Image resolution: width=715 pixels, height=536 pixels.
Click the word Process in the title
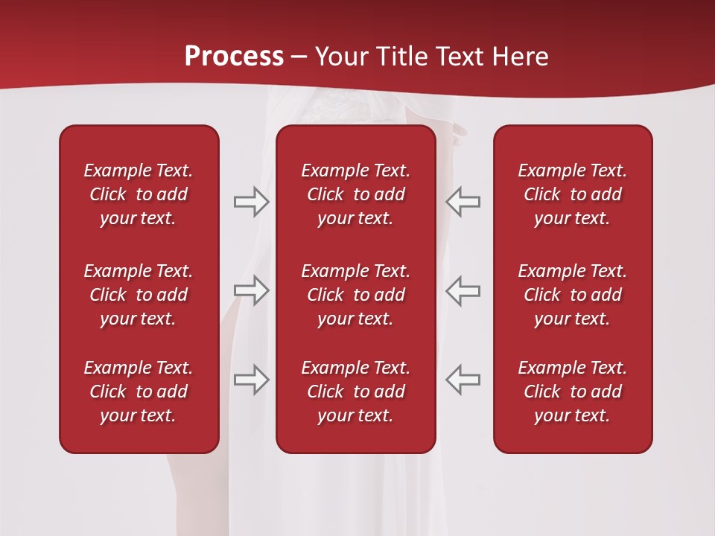[x=234, y=57]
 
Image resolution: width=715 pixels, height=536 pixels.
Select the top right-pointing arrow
[x=252, y=202]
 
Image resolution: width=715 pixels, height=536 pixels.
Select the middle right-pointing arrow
[x=252, y=290]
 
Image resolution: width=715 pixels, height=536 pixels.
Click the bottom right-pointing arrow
[x=252, y=379]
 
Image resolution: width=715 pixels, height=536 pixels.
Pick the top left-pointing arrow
[x=463, y=202]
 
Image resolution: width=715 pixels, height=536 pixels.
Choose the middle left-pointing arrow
[x=463, y=290]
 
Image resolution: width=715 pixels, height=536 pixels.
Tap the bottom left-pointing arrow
[x=463, y=379]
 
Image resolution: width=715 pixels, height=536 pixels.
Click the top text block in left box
[x=139, y=194]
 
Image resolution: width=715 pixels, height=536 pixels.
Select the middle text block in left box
[x=139, y=295]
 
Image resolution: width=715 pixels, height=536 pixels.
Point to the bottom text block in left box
[x=139, y=392]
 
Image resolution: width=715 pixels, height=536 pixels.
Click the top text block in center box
[x=355, y=194]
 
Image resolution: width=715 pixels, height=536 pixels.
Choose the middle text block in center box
[x=355, y=295]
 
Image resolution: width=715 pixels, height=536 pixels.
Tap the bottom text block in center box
[x=355, y=392]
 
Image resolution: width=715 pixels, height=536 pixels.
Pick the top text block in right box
[x=572, y=194]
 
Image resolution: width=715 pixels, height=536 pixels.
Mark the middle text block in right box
[x=572, y=295]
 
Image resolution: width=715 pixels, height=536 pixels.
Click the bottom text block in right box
[x=572, y=392]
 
